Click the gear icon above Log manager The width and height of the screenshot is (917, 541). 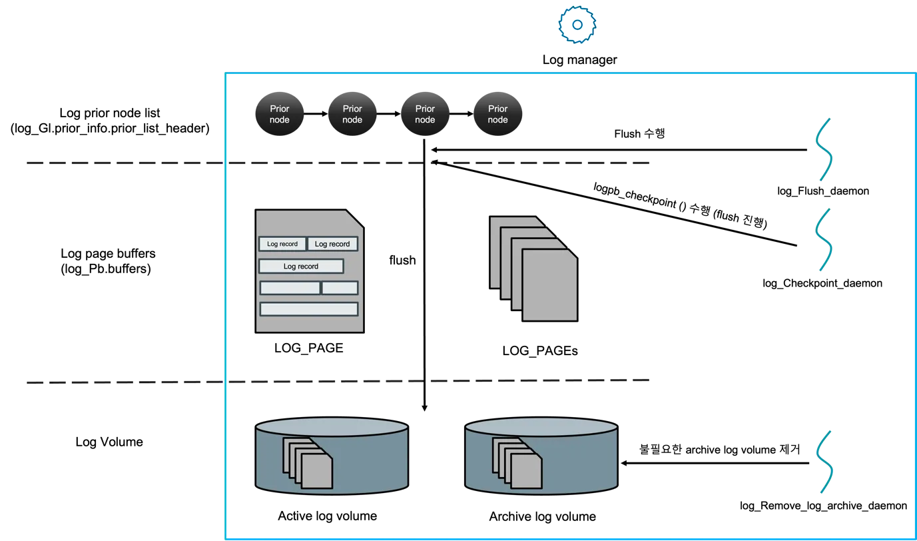pos(577,25)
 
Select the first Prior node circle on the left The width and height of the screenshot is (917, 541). pos(280,114)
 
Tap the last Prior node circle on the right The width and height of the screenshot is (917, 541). pos(498,114)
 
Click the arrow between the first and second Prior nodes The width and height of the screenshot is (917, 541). pos(316,113)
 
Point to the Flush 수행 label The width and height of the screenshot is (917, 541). pos(639,133)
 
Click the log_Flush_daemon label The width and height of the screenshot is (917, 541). pos(823,191)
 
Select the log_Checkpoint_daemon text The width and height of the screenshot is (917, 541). pos(822,283)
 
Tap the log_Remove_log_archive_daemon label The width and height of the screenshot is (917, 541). pos(823,506)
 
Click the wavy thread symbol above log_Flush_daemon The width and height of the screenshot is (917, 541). pos(824,149)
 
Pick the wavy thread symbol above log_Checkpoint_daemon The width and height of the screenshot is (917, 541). pos(824,240)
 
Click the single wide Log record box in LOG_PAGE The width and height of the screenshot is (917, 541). pos(301,267)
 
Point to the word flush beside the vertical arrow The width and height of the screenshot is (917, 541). pos(402,260)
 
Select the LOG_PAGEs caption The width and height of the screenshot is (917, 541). pos(540,350)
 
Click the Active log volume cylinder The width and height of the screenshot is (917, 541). pos(332,456)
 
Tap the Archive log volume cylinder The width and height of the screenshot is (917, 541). pos(541,456)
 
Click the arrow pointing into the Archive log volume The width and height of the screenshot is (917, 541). pos(715,463)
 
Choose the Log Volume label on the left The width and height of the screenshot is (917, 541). pos(109,442)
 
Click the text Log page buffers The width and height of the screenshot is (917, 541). pos(108,253)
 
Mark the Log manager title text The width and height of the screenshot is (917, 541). pos(579,60)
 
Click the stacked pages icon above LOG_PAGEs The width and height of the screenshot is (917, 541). pos(534,269)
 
